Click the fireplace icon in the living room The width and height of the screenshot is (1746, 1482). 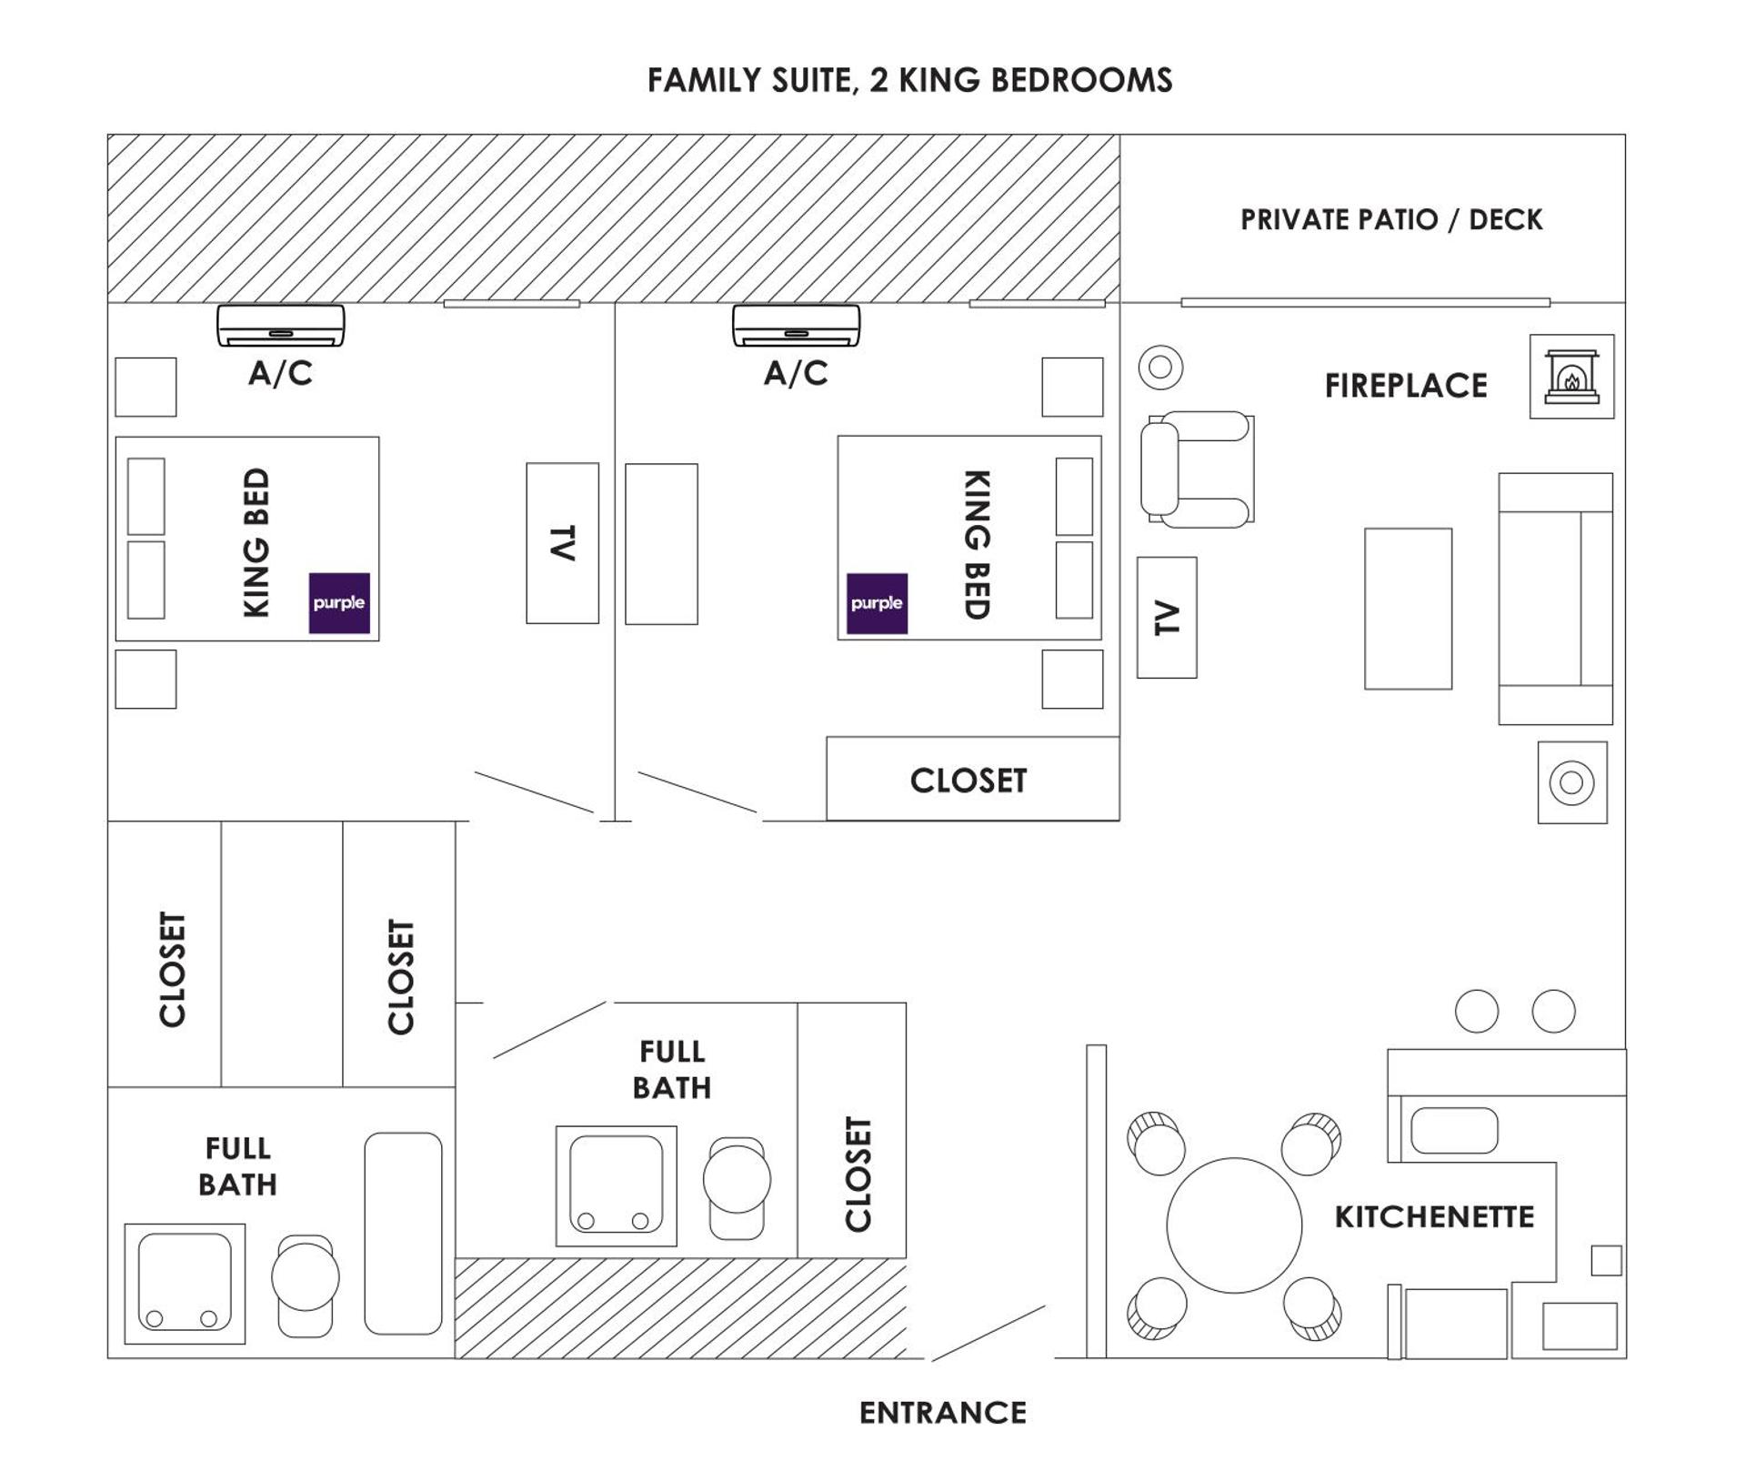(1571, 376)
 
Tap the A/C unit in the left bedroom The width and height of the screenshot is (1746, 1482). (280, 326)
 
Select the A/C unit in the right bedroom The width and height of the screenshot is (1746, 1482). (796, 326)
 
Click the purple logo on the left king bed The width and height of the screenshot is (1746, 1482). (339, 602)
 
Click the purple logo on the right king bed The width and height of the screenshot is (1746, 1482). (877, 602)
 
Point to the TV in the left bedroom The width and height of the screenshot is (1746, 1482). (562, 543)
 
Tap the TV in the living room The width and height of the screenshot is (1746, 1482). (1167, 617)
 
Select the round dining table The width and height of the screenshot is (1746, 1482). (1234, 1225)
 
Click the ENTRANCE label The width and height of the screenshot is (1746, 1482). (942, 1413)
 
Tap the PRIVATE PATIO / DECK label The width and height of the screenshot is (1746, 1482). (1390, 219)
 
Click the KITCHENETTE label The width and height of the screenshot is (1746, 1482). (1434, 1216)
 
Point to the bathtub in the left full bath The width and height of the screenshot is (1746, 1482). (403, 1233)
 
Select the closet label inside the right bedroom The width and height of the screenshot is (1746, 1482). (968, 780)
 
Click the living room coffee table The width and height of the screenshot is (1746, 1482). (1408, 609)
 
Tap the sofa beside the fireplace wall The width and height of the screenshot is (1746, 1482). (1554, 599)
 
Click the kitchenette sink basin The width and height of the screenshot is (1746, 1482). (1453, 1131)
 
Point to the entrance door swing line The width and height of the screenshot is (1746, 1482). (988, 1333)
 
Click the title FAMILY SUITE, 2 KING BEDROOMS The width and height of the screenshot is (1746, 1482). (909, 80)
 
